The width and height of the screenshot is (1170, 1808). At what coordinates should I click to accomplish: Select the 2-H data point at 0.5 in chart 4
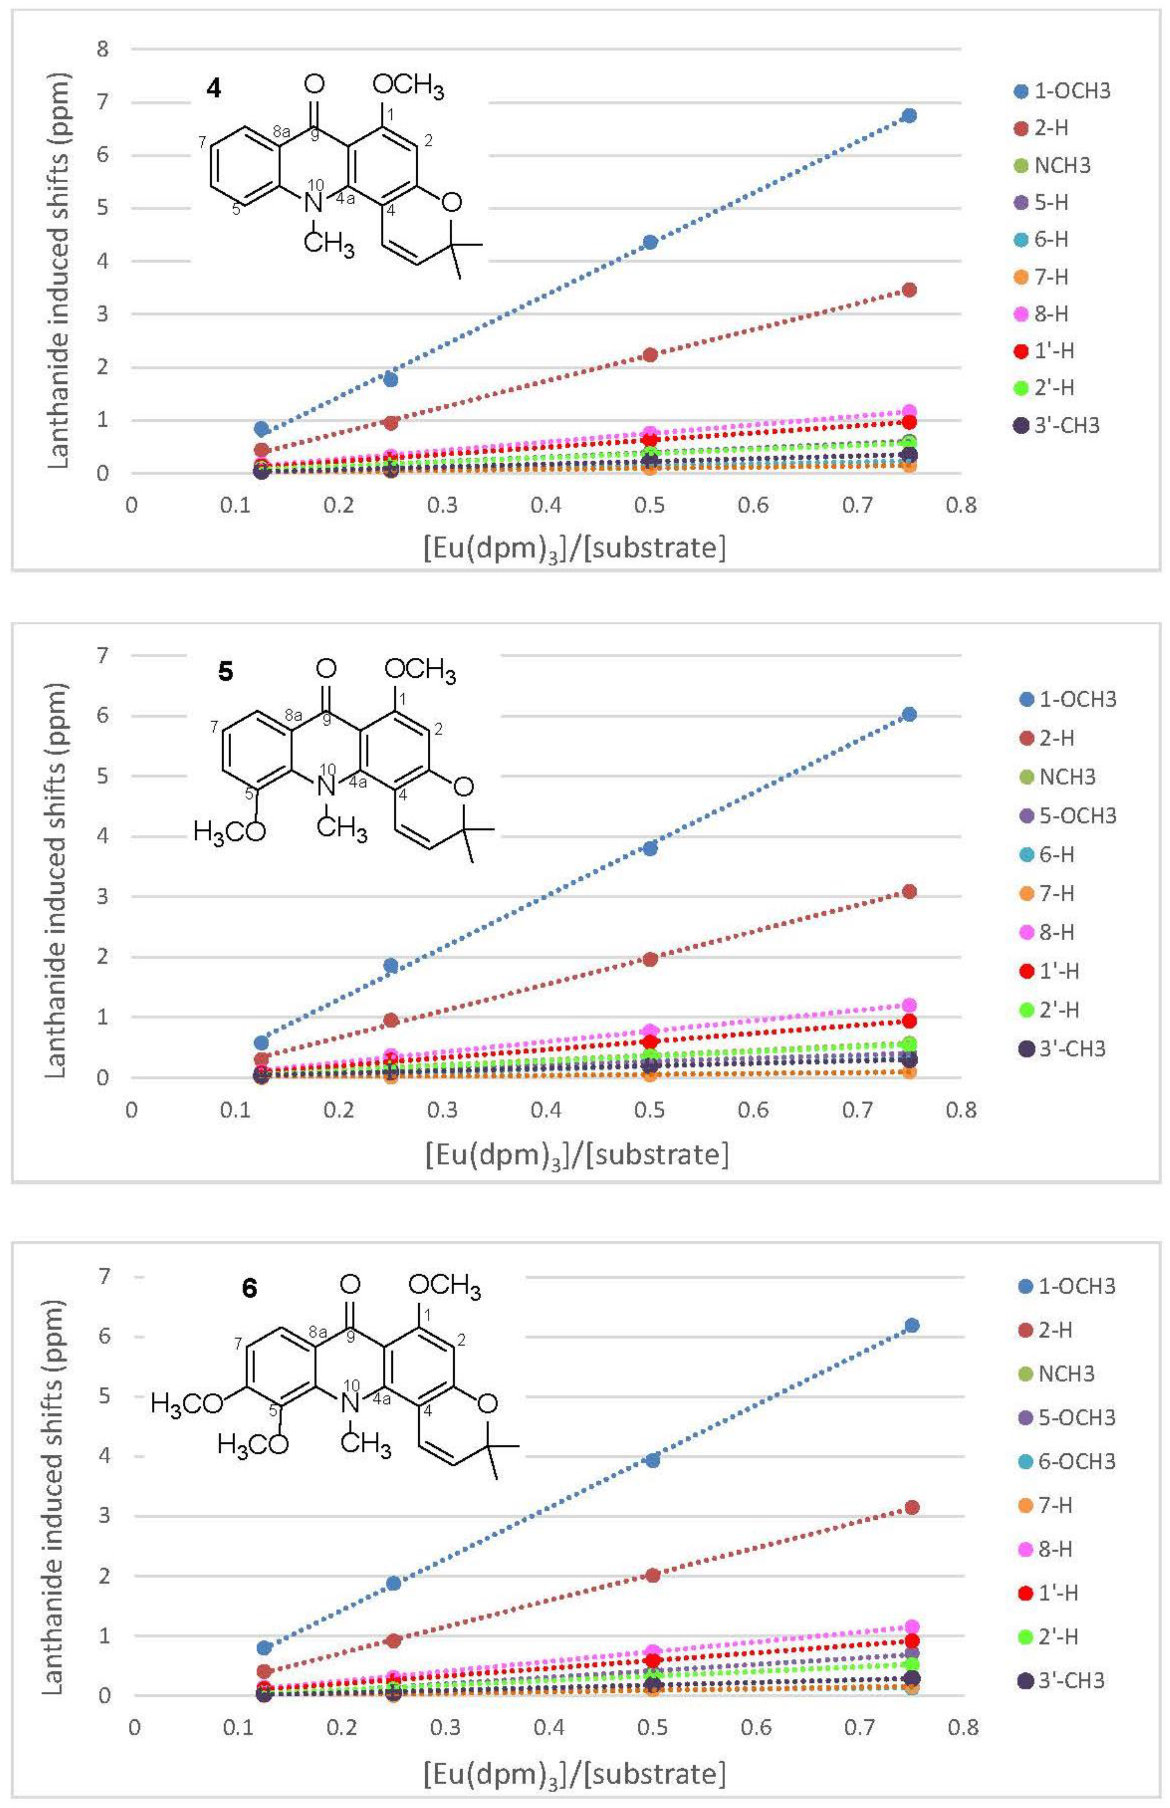650,355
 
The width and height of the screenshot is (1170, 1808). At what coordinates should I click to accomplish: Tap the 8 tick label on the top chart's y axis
103,49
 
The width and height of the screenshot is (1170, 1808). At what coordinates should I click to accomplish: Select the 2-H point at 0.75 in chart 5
909,891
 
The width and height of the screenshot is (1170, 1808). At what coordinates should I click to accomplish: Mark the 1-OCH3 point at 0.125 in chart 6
265,1647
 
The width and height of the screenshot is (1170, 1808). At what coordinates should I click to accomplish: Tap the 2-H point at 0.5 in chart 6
652,1575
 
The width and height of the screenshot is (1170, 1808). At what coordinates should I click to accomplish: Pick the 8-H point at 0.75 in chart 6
912,1626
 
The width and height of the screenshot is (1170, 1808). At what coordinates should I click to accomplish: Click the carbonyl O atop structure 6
349,1284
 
